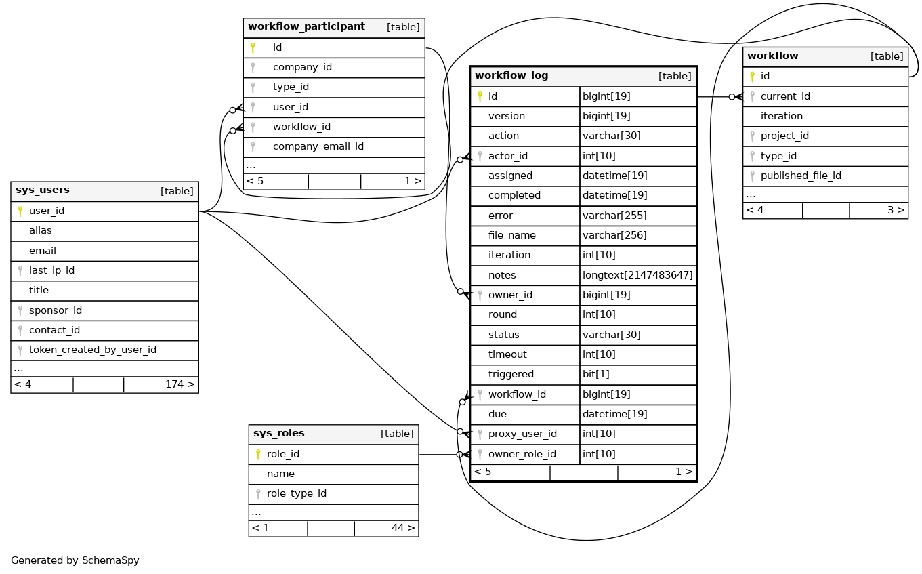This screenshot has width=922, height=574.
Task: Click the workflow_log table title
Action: (x=511, y=75)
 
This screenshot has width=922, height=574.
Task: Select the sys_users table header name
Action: (x=43, y=190)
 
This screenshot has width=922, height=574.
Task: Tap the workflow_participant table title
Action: (x=306, y=27)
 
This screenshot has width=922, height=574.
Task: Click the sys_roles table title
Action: (x=278, y=434)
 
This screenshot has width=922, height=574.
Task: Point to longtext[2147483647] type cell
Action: (x=637, y=275)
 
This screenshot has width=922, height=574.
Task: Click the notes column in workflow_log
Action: (x=502, y=275)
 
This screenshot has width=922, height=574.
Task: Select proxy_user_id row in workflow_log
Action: (x=522, y=434)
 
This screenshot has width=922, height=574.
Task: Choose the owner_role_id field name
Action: (x=522, y=454)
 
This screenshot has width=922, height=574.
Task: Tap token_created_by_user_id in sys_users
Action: (x=93, y=350)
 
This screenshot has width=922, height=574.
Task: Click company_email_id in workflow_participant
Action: (x=318, y=146)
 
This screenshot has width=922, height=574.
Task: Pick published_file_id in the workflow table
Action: (x=801, y=176)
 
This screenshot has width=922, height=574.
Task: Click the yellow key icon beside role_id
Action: (x=258, y=454)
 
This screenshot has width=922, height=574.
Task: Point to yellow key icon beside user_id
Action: (x=20, y=211)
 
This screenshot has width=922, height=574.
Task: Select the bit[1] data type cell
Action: (x=596, y=374)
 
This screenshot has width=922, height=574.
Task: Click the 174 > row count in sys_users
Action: (x=180, y=384)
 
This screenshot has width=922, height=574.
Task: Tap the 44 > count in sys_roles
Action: (x=403, y=528)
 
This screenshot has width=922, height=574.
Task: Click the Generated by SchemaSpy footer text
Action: (x=75, y=560)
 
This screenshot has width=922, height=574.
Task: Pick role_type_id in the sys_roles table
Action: (x=297, y=493)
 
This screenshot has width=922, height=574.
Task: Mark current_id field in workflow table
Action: (x=785, y=96)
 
